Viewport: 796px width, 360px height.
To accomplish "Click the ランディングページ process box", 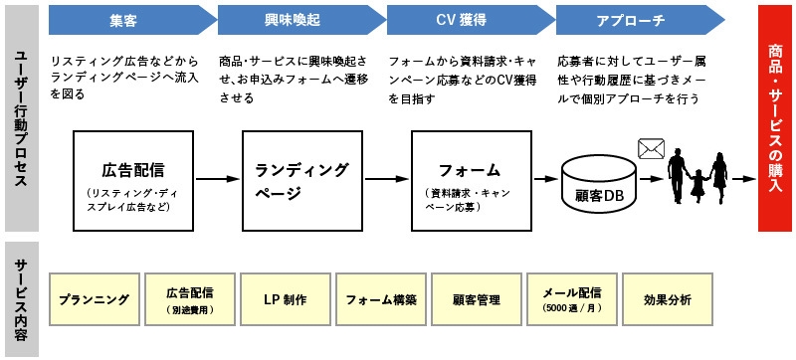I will point(300,179).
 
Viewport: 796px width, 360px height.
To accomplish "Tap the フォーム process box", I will point(468,179).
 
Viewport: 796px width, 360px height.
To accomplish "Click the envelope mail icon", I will point(651,149).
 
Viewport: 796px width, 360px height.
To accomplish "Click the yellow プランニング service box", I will point(93,299).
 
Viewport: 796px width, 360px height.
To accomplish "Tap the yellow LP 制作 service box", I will point(284,299).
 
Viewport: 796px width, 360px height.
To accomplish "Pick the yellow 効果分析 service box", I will point(667,299).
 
